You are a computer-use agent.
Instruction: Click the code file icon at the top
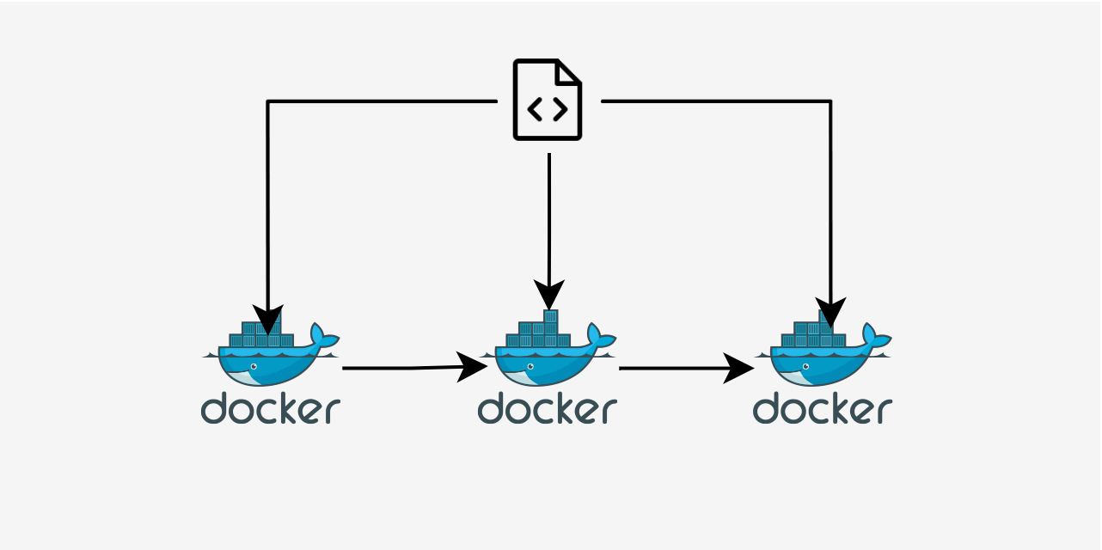(x=548, y=100)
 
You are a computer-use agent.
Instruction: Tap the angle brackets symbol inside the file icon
(x=548, y=109)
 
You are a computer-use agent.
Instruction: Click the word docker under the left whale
(x=271, y=408)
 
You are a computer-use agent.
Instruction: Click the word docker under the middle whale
(x=548, y=408)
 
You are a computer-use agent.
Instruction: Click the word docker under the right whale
(x=823, y=408)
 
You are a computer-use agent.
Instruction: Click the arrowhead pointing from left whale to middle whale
(x=472, y=367)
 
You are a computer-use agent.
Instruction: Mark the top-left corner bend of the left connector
(x=268, y=101)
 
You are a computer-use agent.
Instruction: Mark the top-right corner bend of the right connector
(x=830, y=101)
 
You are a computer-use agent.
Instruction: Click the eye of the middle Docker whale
(x=530, y=367)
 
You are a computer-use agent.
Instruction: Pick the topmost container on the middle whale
(x=551, y=316)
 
